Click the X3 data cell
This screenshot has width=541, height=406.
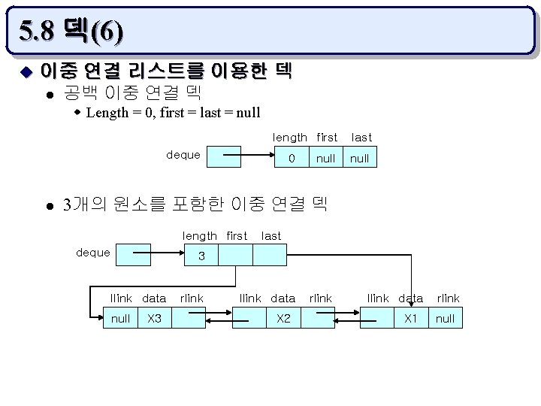tap(155, 318)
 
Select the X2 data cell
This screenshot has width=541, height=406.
tap(283, 318)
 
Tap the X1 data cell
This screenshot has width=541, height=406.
tap(411, 318)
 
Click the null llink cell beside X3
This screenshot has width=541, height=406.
tap(120, 318)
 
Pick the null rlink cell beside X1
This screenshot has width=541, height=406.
tap(445, 318)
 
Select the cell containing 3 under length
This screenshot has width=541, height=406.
tap(201, 256)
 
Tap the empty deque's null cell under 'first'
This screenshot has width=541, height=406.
tap(325, 158)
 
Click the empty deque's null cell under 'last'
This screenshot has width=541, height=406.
tap(359, 158)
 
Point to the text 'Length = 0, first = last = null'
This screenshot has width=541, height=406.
tap(173, 113)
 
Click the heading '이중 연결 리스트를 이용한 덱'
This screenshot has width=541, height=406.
tap(165, 71)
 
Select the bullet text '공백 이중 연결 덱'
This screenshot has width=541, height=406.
tap(132, 92)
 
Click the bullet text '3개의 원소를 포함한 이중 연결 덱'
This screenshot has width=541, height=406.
tap(195, 205)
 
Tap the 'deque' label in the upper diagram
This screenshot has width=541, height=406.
tap(183, 155)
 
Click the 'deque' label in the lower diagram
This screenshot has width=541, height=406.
tap(93, 253)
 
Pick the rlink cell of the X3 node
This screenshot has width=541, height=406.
tap(189, 318)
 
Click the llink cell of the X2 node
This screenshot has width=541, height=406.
tap(249, 318)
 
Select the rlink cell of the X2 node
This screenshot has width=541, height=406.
tap(319, 318)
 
